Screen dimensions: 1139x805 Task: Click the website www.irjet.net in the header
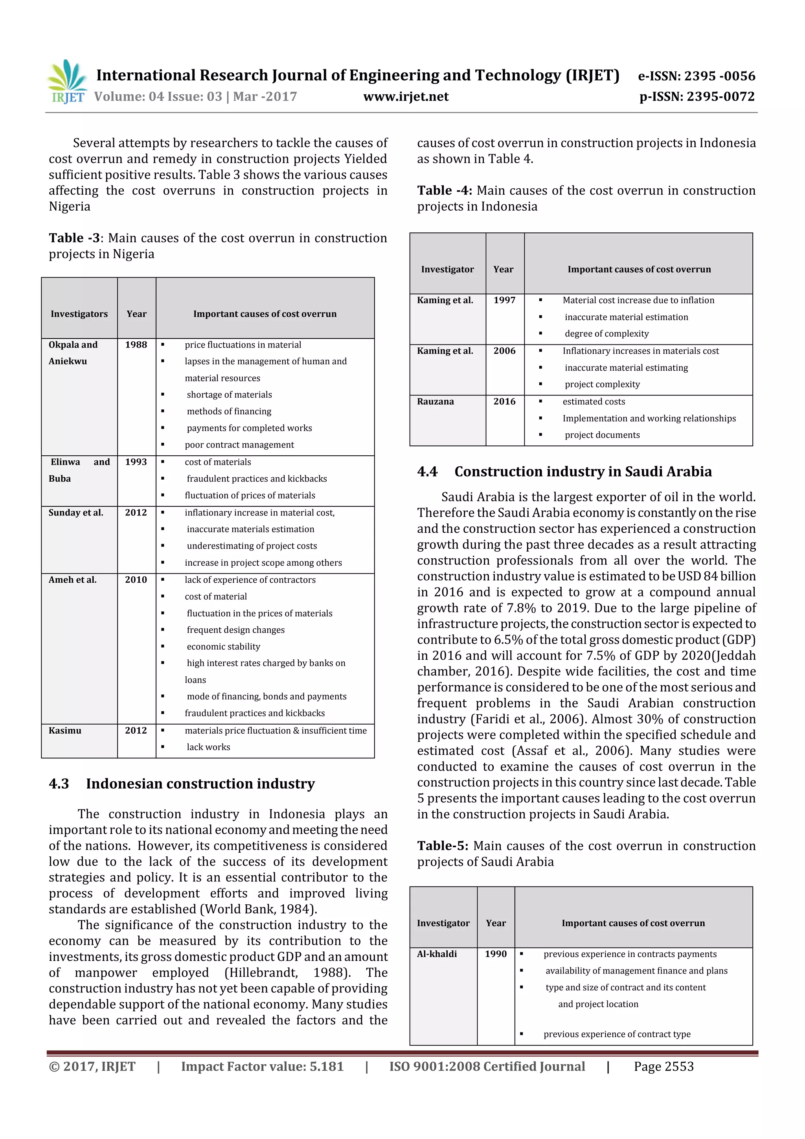(x=405, y=97)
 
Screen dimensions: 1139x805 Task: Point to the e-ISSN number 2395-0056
(x=719, y=76)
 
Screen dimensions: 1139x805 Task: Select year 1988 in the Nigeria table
(x=136, y=345)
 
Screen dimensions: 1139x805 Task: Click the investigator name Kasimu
(x=65, y=730)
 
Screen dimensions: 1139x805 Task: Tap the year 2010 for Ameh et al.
(x=136, y=580)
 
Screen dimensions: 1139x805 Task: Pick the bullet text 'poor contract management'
(x=239, y=445)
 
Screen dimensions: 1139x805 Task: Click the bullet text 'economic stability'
(x=223, y=646)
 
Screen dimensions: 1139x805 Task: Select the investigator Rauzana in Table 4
(x=435, y=401)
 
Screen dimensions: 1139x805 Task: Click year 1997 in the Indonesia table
(x=504, y=300)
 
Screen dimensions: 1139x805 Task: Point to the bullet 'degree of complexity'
(x=606, y=334)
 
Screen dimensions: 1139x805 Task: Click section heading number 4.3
(x=59, y=784)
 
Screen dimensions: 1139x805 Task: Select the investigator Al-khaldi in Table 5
(x=436, y=954)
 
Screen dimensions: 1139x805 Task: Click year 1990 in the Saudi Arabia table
(x=496, y=954)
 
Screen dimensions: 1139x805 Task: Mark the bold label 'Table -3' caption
(x=74, y=238)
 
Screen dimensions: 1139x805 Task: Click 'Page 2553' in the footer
(x=663, y=1067)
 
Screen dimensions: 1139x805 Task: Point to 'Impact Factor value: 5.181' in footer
(x=262, y=1067)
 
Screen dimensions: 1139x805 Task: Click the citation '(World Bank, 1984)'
(x=258, y=909)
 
